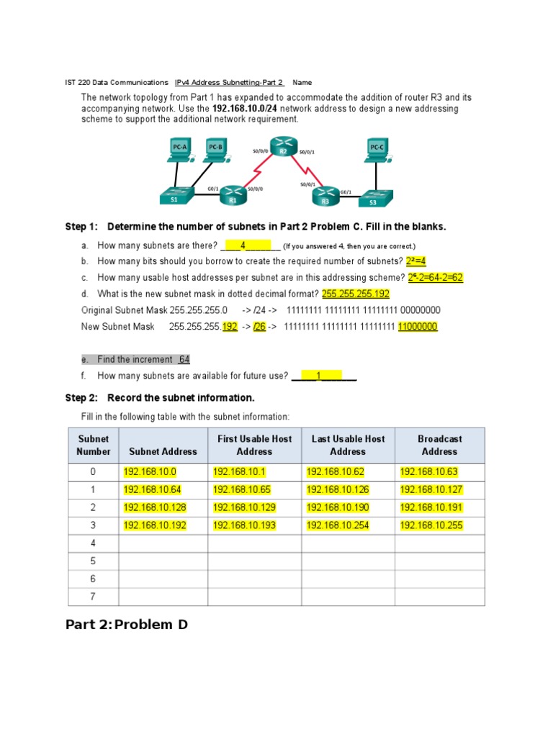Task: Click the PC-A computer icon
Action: point(179,149)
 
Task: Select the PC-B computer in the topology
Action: point(215,149)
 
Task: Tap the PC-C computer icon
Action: point(377,149)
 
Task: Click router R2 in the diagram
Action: point(283,148)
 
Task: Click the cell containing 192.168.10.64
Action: point(152,489)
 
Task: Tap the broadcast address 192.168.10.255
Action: point(429,525)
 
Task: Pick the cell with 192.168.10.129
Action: point(244,507)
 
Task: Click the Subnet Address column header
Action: point(162,451)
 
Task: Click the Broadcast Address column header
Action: point(439,445)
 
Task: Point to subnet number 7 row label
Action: point(93,597)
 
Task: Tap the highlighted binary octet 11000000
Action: point(418,327)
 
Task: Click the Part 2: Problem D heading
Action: point(127,625)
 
